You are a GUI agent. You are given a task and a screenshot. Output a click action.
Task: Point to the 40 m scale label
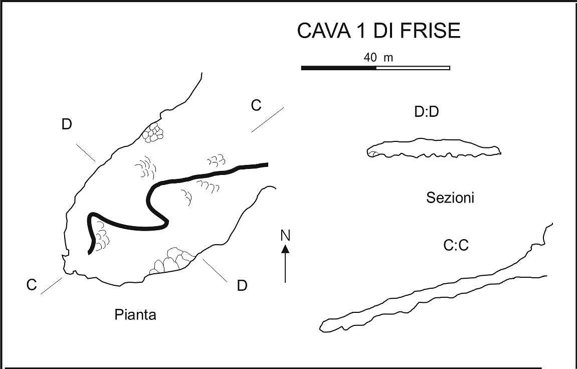pos(378,58)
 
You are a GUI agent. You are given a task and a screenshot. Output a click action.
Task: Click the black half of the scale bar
pos(338,68)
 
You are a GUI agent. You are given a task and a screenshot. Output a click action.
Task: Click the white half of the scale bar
pos(413,68)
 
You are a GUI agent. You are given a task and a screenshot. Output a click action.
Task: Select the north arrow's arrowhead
pos(286,248)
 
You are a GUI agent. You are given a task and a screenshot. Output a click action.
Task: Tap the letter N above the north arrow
pos(286,235)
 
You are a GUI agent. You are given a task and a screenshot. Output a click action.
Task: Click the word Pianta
pos(135,315)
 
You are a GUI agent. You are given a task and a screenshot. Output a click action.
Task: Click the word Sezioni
pos(450,198)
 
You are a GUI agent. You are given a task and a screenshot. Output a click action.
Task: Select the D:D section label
pos(427,113)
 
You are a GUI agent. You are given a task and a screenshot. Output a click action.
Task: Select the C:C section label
pos(456,246)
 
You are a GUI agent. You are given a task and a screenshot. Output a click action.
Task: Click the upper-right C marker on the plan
pos(256,105)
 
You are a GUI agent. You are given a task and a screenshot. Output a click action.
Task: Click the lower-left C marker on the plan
pos(32,285)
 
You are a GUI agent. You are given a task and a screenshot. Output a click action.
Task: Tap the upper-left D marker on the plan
pos(67,125)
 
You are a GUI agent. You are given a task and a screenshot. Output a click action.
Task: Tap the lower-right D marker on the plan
pos(242,286)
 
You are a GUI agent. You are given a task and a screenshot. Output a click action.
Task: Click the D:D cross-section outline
pos(434,148)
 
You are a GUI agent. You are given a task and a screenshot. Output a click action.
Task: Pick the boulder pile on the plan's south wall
pos(173,261)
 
